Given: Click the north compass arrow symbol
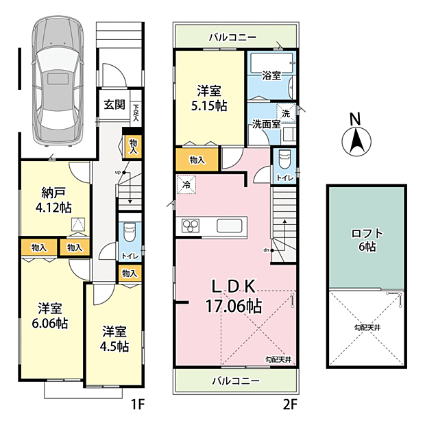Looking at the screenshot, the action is click(356, 141).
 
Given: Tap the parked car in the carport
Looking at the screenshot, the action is click(57, 82).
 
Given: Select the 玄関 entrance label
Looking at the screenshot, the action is click(114, 105).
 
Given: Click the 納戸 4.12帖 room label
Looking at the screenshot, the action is click(53, 200).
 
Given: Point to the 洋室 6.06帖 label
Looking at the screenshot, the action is click(50, 316).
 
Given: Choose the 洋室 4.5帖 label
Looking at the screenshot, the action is click(114, 339).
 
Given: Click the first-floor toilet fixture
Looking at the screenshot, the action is click(130, 232).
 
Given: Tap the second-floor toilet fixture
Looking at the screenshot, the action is click(284, 159).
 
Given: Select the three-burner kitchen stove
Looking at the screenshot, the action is click(191, 226).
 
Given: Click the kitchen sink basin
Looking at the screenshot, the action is click(230, 226).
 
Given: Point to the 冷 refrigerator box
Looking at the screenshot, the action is click(186, 184).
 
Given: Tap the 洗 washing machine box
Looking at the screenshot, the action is click(286, 113).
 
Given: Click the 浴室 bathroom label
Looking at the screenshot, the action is click(271, 75).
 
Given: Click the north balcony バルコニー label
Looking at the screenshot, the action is click(232, 37).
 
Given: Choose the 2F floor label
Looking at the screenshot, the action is click(291, 405).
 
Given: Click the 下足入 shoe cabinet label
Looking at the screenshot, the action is click(136, 112).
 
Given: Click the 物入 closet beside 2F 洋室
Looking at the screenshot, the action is click(197, 160).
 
